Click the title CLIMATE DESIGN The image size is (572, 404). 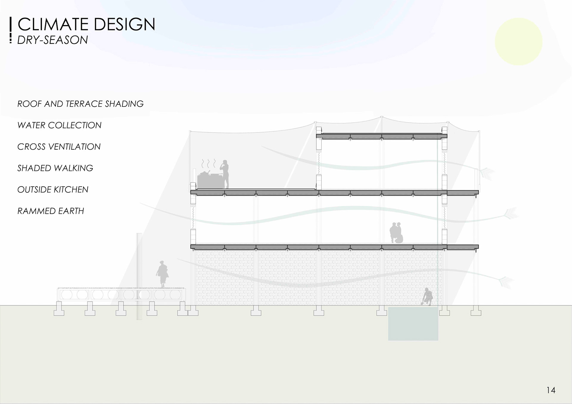click(x=86, y=24)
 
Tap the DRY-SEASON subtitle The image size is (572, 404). click(x=52, y=40)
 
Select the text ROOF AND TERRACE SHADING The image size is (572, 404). click(x=80, y=104)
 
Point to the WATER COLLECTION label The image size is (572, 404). click(x=59, y=125)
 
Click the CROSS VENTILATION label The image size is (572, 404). click(x=59, y=147)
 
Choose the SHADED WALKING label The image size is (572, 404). click(x=55, y=168)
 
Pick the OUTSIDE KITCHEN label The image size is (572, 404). click(x=53, y=190)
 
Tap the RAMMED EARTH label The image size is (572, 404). click(x=51, y=211)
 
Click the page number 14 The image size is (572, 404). click(x=551, y=390)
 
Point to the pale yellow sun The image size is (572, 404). click(x=519, y=42)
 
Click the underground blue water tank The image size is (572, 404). click(x=413, y=324)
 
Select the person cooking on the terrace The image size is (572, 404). click(x=225, y=174)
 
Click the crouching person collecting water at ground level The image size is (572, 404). click(x=428, y=297)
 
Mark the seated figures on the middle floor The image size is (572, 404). click(x=397, y=233)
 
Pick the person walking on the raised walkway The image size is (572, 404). click(x=162, y=274)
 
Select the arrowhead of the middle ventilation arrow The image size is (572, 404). click(x=511, y=213)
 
